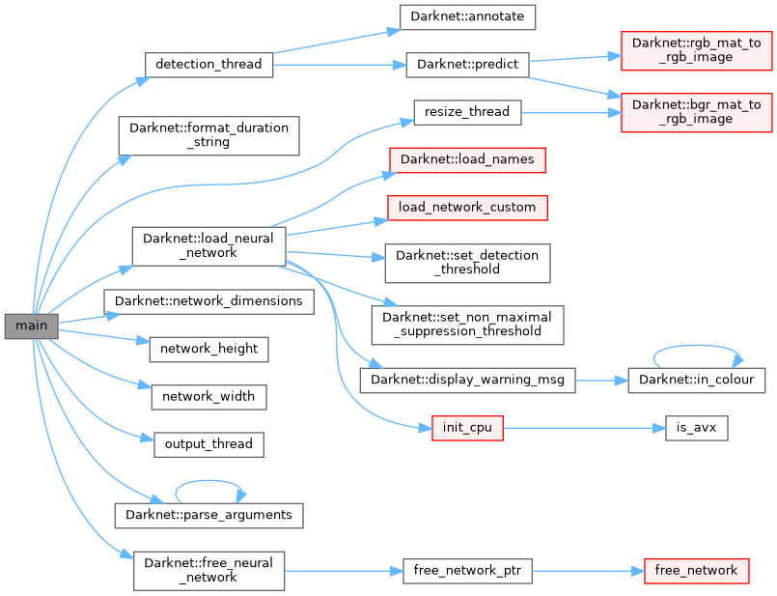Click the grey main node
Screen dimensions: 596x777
31,326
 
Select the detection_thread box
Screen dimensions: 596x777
208,65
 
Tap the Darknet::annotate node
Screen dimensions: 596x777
467,16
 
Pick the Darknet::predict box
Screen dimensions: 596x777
467,65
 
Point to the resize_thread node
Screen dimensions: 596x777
467,112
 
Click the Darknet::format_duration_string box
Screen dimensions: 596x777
208,134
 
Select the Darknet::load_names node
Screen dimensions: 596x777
467,158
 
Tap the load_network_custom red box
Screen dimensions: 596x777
467,206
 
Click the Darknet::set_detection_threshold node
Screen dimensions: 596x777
467,262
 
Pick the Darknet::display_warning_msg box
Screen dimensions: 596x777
467,380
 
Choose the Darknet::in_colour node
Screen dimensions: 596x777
697,380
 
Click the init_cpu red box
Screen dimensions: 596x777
467,427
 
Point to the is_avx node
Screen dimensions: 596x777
696,427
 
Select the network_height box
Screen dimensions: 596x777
208,349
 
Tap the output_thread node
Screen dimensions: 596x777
208,444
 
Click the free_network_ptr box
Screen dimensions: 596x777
466,571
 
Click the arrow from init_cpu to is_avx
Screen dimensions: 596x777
584,427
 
